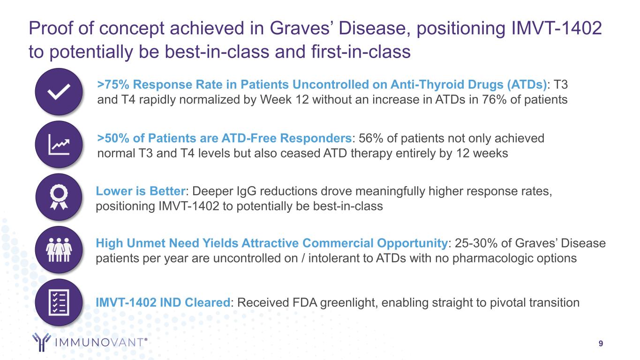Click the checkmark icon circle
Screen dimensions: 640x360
click(59, 92)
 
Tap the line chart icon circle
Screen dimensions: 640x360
click(59, 144)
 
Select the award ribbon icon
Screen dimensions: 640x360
click(59, 197)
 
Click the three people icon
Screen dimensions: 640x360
click(59, 250)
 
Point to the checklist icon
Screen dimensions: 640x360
click(59, 302)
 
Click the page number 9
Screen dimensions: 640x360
click(601, 343)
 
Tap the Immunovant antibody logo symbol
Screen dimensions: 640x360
click(41, 342)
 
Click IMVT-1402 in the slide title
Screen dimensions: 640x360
click(557, 28)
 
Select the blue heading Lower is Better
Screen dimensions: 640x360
click(141, 191)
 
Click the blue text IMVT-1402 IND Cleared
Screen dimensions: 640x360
click(163, 302)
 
